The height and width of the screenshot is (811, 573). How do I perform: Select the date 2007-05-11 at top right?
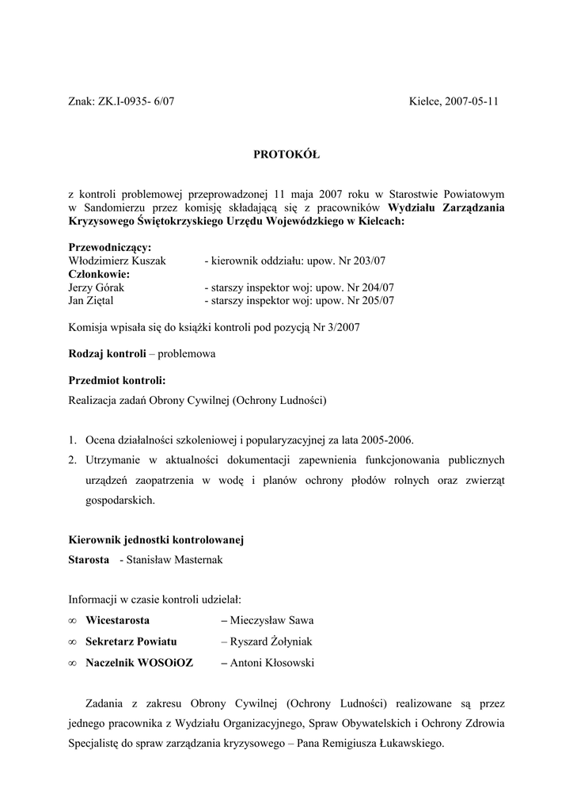point(471,101)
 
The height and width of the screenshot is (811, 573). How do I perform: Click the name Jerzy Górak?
point(97,287)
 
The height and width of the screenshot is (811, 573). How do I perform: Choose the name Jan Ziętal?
point(93,301)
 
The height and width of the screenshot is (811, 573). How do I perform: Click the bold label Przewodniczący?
point(111,247)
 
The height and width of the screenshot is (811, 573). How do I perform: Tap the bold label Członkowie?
point(100,274)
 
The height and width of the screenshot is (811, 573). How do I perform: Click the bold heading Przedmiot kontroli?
point(117,380)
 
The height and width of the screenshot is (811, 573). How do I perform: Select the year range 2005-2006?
point(385,440)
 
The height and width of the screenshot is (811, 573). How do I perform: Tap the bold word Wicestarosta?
point(117,619)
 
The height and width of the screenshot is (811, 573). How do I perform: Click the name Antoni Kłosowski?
point(271,663)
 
